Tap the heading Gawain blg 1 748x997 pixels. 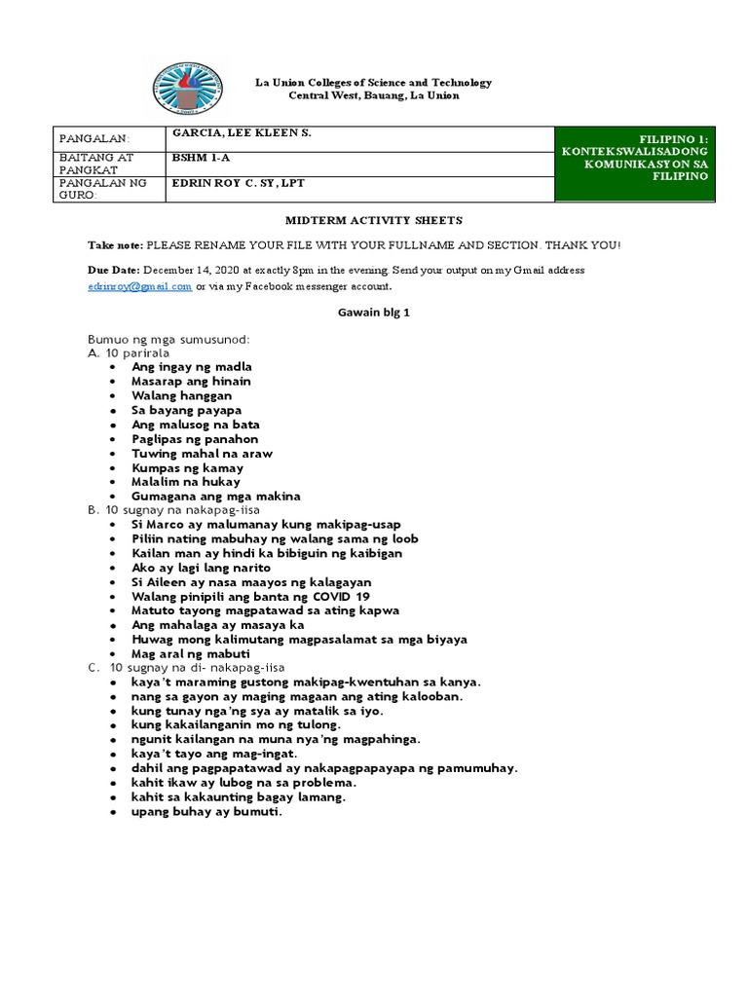click(373, 312)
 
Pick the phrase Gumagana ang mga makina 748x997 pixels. click(216, 496)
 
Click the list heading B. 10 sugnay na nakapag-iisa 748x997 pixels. click(178, 510)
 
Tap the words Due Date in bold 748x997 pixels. click(114, 269)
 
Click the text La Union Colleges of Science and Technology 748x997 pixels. click(373, 83)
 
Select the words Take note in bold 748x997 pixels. click(115, 245)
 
